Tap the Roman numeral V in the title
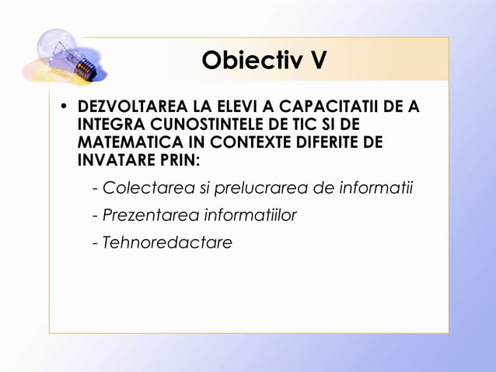(316, 60)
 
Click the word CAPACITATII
(323, 107)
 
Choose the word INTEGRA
(104, 125)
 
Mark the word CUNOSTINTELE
(190, 125)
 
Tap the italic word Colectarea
(142, 188)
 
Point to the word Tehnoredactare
(167, 242)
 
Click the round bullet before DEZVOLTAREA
(65, 107)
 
